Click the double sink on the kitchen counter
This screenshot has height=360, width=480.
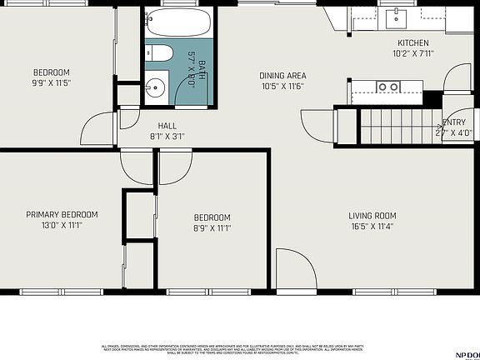pos(387,87)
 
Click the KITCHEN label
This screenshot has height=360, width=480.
pos(412,43)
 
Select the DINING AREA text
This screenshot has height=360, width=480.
pos(283,75)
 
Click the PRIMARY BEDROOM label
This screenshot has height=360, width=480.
pos(62,214)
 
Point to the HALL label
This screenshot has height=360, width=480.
pos(167,126)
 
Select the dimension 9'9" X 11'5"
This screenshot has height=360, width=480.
pos(52,83)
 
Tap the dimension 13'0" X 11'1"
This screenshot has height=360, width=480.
pos(62,226)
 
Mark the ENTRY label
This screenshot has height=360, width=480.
pos(455,122)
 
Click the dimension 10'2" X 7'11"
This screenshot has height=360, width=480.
pos(412,54)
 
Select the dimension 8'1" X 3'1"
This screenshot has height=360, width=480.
pos(167,137)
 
